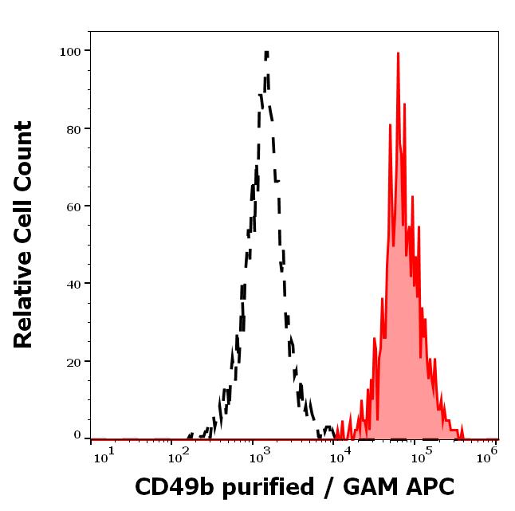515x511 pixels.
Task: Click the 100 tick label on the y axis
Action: tap(70, 52)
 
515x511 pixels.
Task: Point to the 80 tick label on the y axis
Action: tap(73, 129)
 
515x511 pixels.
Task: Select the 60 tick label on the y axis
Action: tap(73, 206)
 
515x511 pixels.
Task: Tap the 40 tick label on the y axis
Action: tap(73, 284)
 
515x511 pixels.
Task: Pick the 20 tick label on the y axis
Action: tap(73, 362)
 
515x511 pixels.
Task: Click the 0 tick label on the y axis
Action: tap(77, 435)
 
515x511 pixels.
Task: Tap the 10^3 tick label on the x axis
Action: tap(260, 454)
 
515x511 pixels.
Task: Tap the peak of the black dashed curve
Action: tap(266, 53)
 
